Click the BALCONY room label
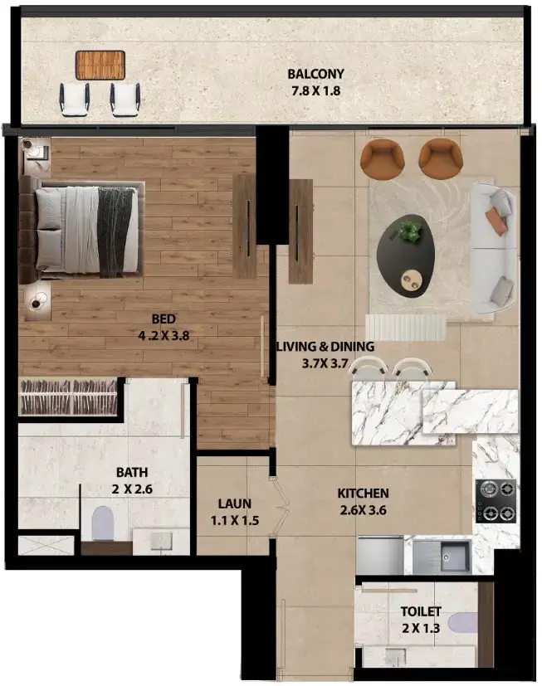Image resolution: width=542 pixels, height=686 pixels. pos(315,74)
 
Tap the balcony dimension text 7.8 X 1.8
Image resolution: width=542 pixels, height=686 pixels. pos(315,91)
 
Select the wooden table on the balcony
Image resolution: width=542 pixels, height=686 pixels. pos(100,66)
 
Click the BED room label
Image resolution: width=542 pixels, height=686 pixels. pos(164,319)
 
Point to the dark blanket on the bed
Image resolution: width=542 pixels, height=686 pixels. pos(115,232)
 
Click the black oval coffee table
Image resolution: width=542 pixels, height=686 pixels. pos(405,256)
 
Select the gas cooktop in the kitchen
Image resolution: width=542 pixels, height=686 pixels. pos(496,500)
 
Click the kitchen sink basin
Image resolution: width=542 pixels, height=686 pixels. pos(455,556)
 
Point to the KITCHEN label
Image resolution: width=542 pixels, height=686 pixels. pos(363,494)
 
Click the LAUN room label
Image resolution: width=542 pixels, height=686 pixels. pos(235,504)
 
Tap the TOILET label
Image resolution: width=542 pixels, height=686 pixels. pos(421,611)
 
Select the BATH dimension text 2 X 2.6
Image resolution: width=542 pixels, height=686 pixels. pos(132,489)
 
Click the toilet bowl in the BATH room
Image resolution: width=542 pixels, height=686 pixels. pos(102,523)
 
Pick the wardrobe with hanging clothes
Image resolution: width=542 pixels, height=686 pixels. pos(68,397)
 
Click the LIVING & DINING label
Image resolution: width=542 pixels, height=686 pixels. pos(325,347)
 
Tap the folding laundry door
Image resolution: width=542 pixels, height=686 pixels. pos(280,508)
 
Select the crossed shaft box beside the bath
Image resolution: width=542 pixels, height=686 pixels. pos(46,546)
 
